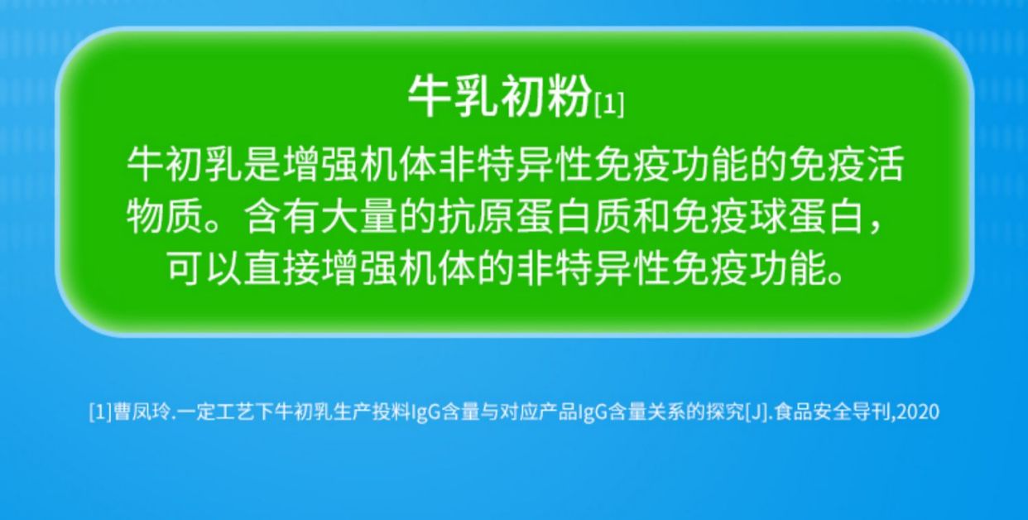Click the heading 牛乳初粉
[x=500, y=97]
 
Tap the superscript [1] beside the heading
[x=609, y=104]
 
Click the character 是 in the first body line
[x=262, y=164]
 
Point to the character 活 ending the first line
[x=885, y=164]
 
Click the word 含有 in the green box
[x=281, y=216]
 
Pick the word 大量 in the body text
[x=360, y=216]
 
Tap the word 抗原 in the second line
[x=477, y=216]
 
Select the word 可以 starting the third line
[x=204, y=268]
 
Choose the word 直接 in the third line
[x=281, y=268]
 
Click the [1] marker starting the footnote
[x=100, y=412]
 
